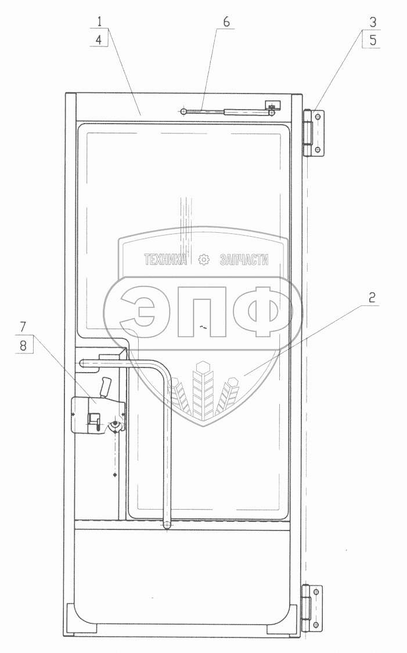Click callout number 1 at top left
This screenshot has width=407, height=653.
(x=99, y=21)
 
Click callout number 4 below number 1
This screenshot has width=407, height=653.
(x=99, y=40)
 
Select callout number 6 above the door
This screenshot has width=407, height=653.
(x=226, y=22)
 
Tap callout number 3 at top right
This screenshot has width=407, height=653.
(x=372, y=22)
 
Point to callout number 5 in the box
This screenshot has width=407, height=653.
(x=372, y=41)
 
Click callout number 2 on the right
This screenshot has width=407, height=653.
(x=372, y=297)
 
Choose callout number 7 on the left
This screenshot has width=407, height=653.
(x=23, y=326)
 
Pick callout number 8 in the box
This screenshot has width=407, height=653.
(x=23, y=345)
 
